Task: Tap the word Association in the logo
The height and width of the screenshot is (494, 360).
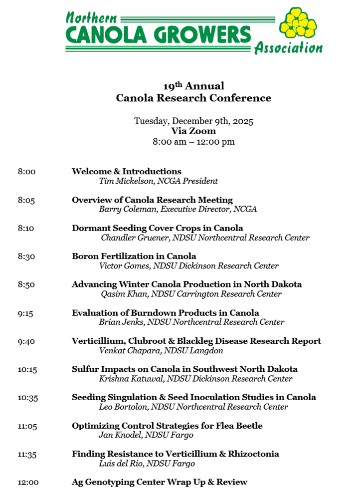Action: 288,48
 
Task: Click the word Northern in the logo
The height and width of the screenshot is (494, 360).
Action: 91,18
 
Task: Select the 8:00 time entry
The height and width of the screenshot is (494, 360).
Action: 26,172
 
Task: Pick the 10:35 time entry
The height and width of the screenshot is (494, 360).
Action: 28,398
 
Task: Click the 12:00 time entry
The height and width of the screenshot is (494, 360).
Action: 28,482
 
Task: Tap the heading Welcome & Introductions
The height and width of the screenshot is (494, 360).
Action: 126,172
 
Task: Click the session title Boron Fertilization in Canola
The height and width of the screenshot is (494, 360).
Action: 134,256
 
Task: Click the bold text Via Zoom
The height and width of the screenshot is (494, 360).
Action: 193,131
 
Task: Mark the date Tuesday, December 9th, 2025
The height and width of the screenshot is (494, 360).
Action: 193,121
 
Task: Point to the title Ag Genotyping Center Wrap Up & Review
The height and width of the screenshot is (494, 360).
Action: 159,482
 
